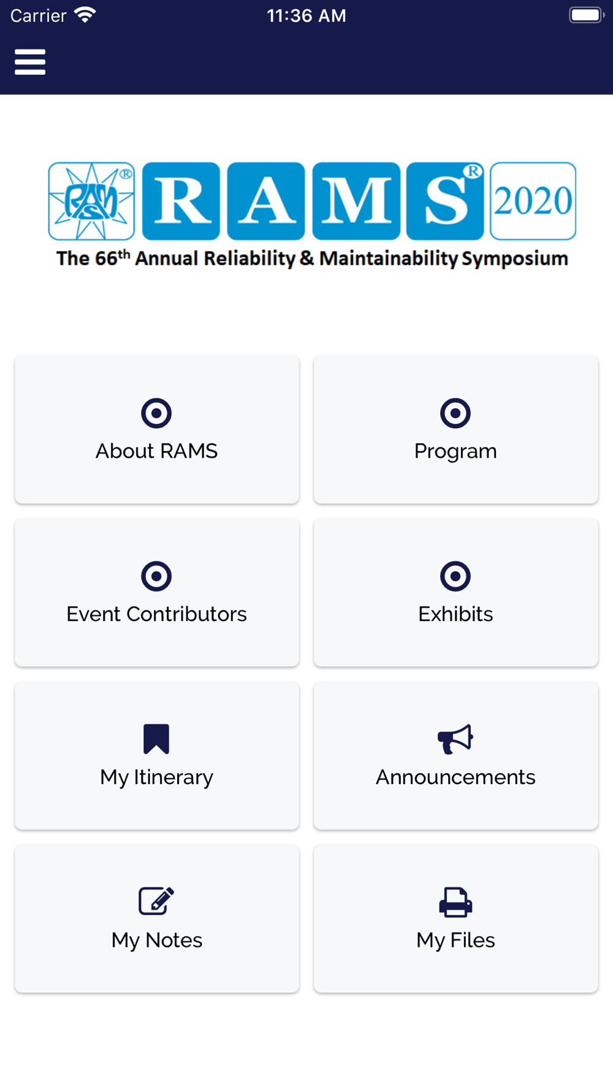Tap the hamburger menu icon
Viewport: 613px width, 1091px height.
point(30,62)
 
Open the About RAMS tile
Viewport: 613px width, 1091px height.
point(157,430)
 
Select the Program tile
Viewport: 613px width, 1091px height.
point(455,430)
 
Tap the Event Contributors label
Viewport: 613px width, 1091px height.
point(157,614)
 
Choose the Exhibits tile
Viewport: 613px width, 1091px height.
point(455,592)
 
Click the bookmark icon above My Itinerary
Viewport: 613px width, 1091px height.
point(156,739)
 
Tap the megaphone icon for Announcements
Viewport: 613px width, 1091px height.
point(455,739)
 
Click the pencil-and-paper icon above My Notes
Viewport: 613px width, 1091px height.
point(156,901)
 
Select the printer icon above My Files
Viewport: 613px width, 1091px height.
point(455,902)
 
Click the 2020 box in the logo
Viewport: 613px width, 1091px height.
point(533,201)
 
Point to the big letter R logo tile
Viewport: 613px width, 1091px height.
point(181,201)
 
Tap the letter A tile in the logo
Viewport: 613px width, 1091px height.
point(266,201)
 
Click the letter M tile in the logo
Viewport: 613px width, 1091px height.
point(356,201)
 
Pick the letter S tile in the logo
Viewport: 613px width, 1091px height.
point(445,201)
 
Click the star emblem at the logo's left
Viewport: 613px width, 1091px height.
point(91,201)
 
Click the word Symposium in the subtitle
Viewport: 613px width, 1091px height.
point(515,259)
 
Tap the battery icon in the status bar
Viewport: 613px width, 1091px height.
point(587,15)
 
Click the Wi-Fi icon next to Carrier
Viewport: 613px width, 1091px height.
point(85,15)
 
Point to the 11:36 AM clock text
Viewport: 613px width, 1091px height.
point(306,15)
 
